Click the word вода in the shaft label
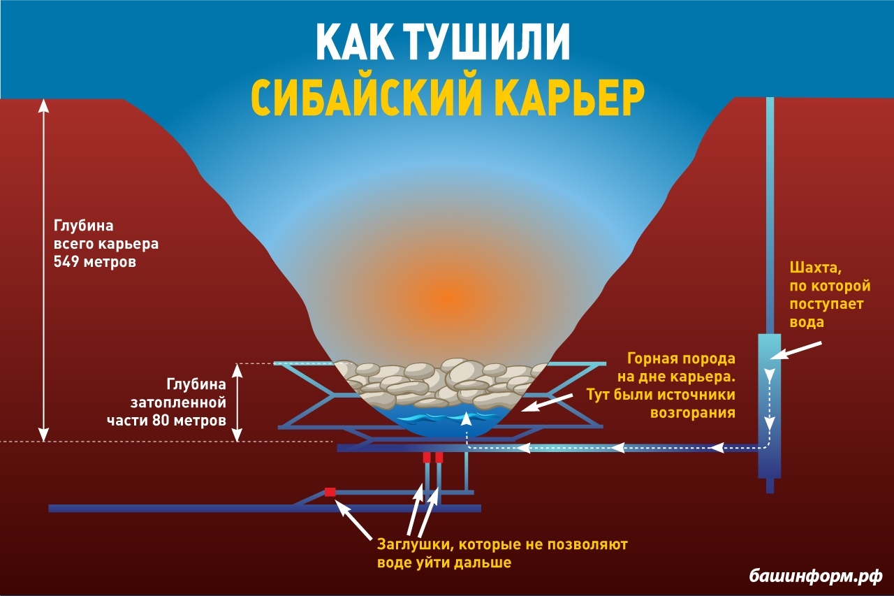807,322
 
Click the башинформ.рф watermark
816,576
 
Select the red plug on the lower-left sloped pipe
330,492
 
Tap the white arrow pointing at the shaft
798,349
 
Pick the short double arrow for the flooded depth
238,402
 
